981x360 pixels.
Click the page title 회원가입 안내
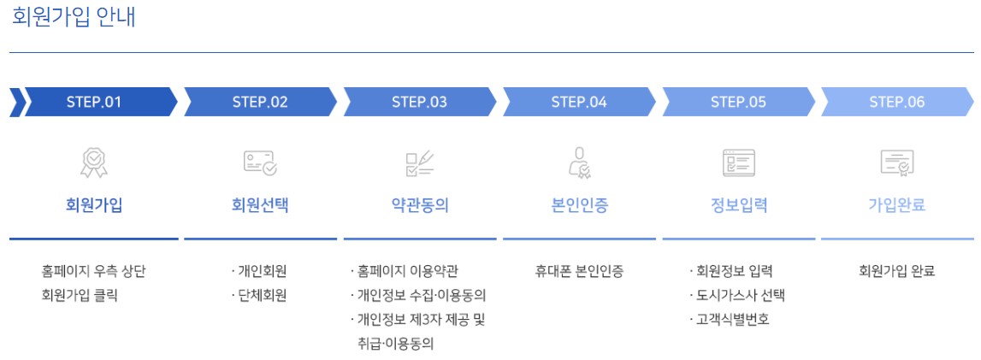tap(74, 19)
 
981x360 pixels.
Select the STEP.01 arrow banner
tap(94, 103)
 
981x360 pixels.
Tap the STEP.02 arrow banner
tap(260, 103)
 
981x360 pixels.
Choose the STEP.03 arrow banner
tap(419, 103)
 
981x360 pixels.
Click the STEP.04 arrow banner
tap(579, 103)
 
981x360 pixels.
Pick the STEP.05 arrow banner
tap(738, 103)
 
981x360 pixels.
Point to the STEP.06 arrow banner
tap(897, 103)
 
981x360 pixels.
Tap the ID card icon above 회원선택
tap(260, 162)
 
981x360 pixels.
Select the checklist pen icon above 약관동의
tap(419, 162)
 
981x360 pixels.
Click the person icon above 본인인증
tap(579, 162)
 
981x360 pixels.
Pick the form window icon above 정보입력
tap(739, 162)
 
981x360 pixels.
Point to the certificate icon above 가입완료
tap(897, 162)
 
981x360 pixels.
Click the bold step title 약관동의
tap(419, 205)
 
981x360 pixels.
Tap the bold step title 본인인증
tap(579, 205)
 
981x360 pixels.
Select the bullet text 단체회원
tap(262, 296)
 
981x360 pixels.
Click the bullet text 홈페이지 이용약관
tap(407, 272)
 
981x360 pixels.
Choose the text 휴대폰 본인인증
tap(579, 272)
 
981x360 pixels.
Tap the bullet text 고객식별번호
tap(732, 320)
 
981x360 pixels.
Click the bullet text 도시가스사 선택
tap(740, 296)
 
